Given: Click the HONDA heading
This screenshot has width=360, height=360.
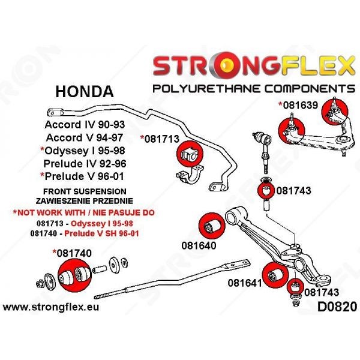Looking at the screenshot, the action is pos(85,91).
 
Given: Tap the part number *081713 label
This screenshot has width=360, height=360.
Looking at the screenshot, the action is pos(160,139).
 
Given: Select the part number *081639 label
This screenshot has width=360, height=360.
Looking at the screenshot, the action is pos(298,105).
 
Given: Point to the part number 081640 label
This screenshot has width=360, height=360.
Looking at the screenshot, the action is pos(199,245).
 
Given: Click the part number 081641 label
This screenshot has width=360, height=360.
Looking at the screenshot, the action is pos(245,283).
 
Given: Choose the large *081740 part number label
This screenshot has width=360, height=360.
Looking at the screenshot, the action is pos(72,253).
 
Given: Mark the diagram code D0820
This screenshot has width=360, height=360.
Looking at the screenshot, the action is pos(337,307).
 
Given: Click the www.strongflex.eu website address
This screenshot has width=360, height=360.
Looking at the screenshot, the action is pos(51,307).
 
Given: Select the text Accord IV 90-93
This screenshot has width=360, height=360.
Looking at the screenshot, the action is pos(85,124).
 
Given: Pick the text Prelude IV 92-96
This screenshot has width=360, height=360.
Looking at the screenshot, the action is pos(85,163).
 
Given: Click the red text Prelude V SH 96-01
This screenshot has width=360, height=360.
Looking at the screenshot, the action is pos(102,233).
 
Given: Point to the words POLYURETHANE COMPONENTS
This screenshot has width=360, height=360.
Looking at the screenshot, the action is pos(254,89).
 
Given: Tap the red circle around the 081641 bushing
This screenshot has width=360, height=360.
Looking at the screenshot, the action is pos(275,275).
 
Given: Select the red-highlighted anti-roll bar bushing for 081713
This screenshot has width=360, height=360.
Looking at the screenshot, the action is pos(190,154).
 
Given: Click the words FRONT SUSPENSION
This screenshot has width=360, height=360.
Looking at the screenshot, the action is pos(85,191).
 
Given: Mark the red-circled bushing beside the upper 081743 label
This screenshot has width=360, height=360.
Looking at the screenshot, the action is pos(266,191).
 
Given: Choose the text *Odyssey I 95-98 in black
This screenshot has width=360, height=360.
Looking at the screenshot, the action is pos(83,151).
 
